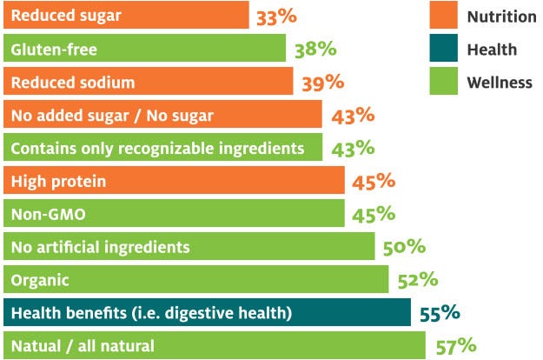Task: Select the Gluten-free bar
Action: [x=144, y=49]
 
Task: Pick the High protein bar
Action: [x=174, y=181]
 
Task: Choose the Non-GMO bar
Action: [x=174, y=214]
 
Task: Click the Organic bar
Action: [x=195, y=280]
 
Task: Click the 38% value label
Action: [x=312, y=49]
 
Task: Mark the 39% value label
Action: [x=322, y=83]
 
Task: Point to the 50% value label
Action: [x=404, y=247]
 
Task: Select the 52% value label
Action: [x=417, y=280]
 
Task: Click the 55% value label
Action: [x=440, y=313]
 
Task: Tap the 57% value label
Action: [x=455, y=346]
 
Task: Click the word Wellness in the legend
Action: [x=500, y=83]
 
